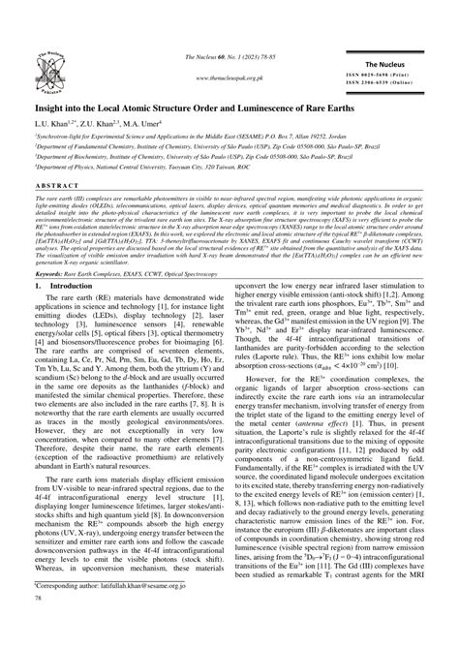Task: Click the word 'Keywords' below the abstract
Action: [51, 274]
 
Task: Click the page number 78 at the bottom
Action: [39, 626]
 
